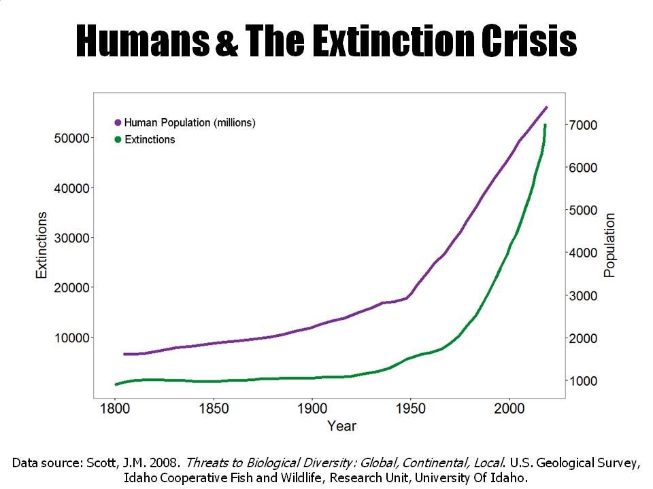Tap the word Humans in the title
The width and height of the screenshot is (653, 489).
[142, 42]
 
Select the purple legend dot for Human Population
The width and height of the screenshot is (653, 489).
[118, 123]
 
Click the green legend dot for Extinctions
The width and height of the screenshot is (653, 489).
[118, 140]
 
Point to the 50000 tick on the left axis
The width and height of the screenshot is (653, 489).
[71, 138]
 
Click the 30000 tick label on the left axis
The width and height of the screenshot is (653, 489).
[71, 238]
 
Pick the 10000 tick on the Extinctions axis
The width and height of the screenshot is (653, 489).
[71, 338]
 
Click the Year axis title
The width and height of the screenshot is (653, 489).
[341, 426]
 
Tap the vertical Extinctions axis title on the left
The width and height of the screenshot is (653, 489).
[42, 244]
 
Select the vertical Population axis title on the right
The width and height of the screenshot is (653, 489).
[609, 245]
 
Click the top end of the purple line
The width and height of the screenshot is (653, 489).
[546, 107]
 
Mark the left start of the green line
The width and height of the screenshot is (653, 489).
[116, 384]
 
